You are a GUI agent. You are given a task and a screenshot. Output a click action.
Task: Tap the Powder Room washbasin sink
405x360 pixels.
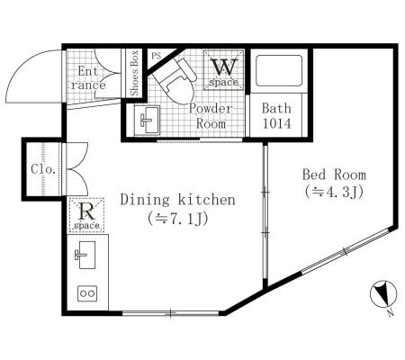(147, 120)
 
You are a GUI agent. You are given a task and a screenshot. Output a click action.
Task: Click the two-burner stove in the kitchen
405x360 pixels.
(87, 293)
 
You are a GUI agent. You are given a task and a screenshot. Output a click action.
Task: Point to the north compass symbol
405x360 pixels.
(383, 295)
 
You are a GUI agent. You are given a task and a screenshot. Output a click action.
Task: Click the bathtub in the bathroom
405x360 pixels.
(279, 70)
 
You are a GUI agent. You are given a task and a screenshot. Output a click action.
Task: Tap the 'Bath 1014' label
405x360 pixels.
(276, 116)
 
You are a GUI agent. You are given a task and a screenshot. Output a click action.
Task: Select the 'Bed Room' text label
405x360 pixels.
(334, 175)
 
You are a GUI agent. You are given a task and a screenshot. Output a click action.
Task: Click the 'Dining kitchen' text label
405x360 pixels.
(178, 200)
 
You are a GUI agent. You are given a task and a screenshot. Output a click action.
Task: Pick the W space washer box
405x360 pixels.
(224, 70)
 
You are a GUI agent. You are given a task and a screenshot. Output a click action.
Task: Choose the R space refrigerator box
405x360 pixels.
(86, 215)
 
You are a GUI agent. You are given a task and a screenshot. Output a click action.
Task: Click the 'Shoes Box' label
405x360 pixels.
(134, 73)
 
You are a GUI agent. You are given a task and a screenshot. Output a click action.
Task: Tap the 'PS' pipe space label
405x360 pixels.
(156, 56)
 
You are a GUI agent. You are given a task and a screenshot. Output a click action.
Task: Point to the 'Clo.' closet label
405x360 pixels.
(43, 169)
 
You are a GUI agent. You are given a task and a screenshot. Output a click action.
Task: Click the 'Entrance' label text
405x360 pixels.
(88, 78)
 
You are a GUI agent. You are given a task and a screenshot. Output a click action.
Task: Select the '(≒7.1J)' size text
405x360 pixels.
(177, 219)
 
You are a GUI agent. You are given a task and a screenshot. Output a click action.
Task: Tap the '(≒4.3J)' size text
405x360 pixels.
(334, 192)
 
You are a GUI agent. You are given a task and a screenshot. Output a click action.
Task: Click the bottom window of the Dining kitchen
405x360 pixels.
(170, 313)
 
